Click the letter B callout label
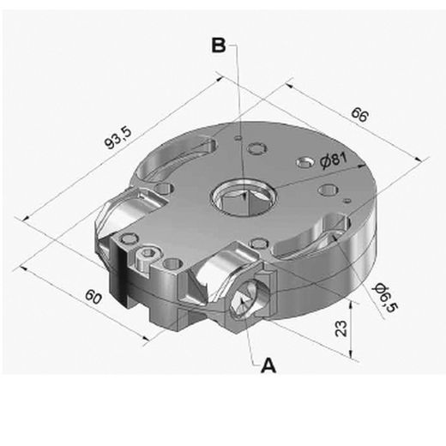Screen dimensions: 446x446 (x=219, y=46)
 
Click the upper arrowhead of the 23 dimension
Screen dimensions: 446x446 (x=351, y=303)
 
